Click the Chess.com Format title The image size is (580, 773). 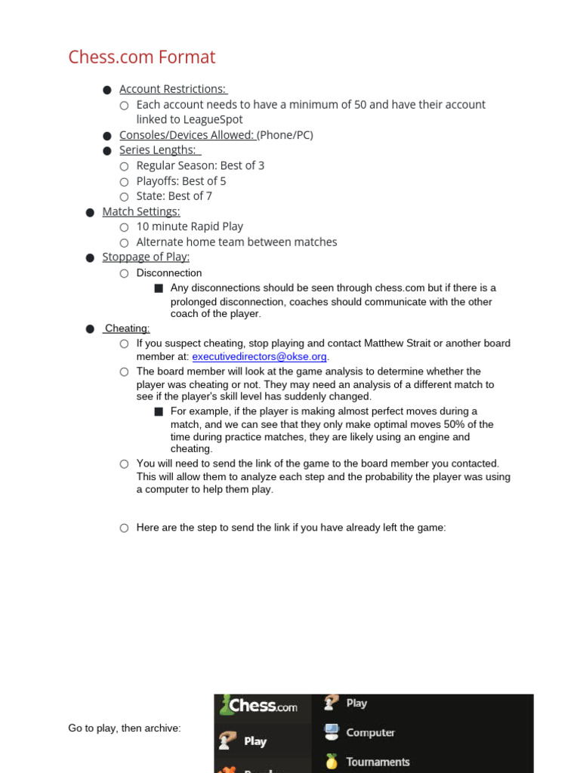click(141, 57)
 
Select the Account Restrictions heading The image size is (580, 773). click(172, 89)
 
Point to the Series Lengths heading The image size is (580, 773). click(158, 150)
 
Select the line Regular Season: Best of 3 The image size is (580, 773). click(200, 165)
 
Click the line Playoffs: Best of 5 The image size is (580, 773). click(181, 181)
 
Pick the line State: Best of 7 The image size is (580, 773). click(174, 196)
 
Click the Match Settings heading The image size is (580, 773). click(141, 211)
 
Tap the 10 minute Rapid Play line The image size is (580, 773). click(190, 226)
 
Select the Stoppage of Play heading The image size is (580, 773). click(146, 257)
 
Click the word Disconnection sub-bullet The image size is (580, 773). click(169, 273)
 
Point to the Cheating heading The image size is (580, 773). click(127, 328)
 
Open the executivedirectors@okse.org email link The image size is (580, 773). click(259, 356)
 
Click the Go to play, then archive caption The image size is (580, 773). click(125, 728)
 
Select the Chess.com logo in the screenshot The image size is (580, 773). click(259, 707)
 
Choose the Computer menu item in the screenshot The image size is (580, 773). click(369, 732)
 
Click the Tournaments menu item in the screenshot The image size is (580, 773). click(377, 762)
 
